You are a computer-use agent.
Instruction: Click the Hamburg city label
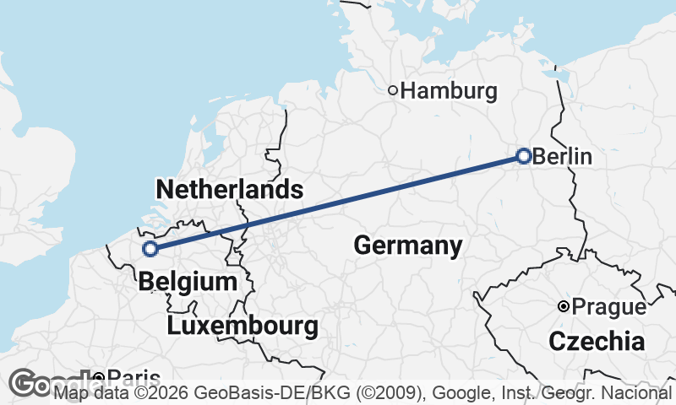point(449,91)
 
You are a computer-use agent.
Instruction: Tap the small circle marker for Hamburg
point(393,90)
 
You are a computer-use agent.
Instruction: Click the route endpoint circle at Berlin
point(523,156)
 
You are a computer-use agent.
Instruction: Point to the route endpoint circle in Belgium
point(150,249)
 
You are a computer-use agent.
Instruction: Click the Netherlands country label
point(229,189)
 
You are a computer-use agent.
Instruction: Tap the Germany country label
point(407,246)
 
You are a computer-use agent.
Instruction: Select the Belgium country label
point(187,282)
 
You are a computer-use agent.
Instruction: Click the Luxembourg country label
point(243,326)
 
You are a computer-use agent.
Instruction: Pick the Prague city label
point(608,307)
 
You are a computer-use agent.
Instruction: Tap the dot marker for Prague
point(563,306)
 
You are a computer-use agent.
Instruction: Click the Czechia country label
point(597,342)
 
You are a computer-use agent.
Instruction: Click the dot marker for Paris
point(99,377)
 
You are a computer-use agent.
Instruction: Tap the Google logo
point(42,383)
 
